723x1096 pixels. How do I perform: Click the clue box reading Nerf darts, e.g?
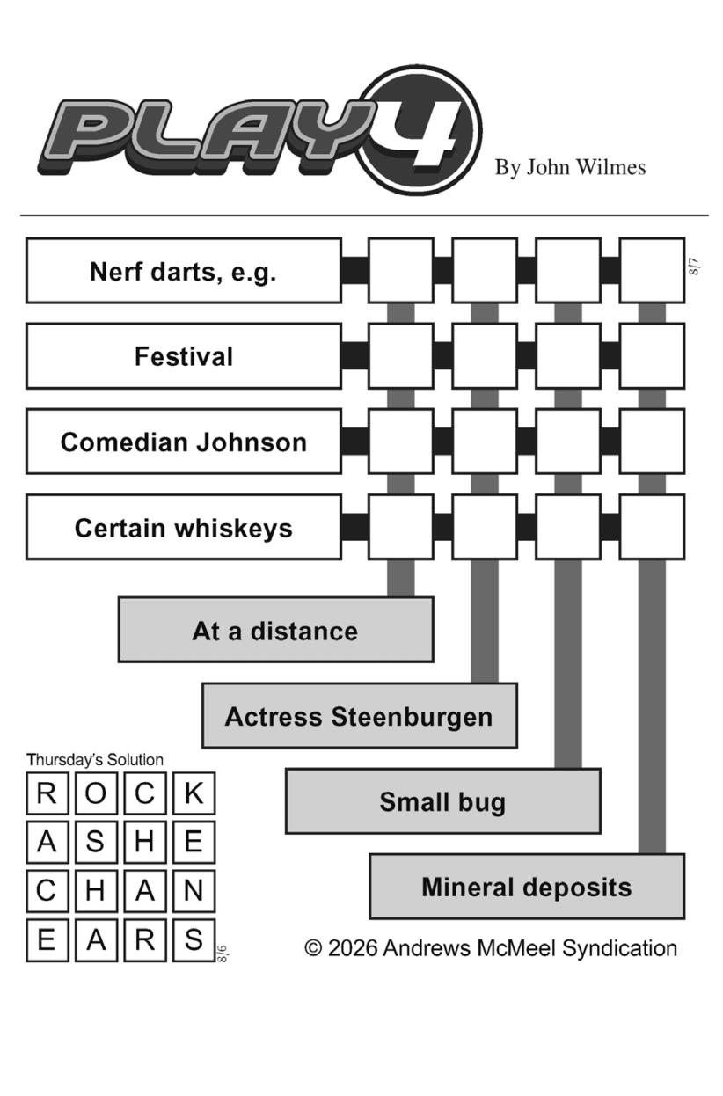pos(184,271)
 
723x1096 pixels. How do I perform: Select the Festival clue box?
pos(184,356)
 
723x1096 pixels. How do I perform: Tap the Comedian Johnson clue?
pos(184,442)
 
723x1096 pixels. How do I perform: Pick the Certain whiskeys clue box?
pos(184,528)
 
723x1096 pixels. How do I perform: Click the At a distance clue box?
pos(276,630)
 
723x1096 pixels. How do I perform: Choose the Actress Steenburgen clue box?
pos(360,716)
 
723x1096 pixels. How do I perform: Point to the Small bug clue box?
pos(443,801)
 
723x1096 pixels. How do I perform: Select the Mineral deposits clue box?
pos(528,887)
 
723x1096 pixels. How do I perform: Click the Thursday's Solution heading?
pos(95,760)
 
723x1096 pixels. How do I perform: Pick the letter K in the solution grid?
pos(194,793)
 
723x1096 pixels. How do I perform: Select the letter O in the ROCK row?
pos(96,793)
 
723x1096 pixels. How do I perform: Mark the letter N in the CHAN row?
pos(194,891)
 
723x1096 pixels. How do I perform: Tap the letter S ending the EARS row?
pos(194,940)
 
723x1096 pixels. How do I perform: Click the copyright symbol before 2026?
pos(313,948)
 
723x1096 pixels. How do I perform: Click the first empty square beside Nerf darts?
pos(401,271)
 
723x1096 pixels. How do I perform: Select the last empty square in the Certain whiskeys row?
pos(653,528)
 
